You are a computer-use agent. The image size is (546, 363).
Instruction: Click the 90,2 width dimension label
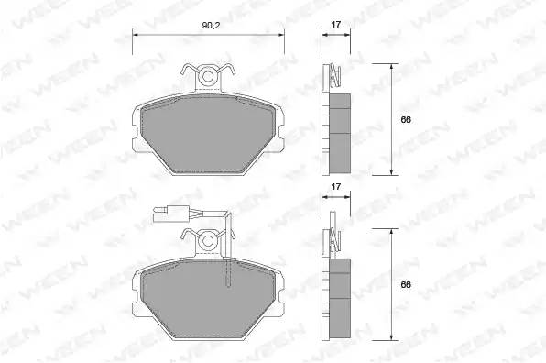[212, 26]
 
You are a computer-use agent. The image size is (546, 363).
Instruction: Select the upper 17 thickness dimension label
[335, 25]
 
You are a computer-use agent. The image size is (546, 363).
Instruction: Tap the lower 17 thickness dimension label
[335, 187]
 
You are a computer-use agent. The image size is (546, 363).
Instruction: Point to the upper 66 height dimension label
[406, 120]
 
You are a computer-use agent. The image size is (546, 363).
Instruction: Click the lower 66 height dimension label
[406, 284]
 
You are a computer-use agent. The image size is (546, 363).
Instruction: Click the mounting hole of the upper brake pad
[208, 76]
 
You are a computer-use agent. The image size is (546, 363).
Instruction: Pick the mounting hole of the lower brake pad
[208, 241]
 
